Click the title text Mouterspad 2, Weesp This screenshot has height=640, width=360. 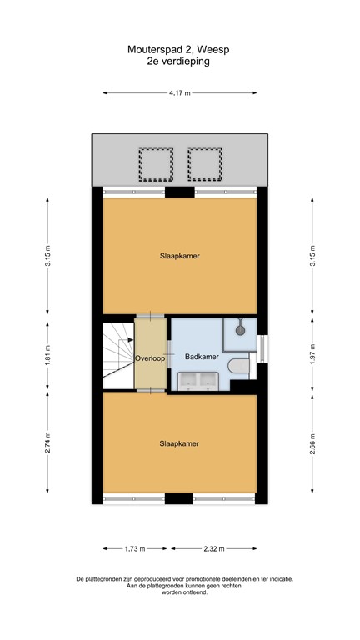tap(180, 50)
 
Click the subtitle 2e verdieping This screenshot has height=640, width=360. tap(180, 61)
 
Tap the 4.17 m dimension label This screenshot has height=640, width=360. tap(180, 93)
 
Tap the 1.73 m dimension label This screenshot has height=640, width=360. tap(134, 548)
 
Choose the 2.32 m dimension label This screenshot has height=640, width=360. tap(212, 548)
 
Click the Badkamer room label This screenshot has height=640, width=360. tap(202, 357)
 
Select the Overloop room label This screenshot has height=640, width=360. tap(151, 357)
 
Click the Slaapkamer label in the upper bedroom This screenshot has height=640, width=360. tap(179, 256)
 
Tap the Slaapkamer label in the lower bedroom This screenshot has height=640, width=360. tap(179, 444)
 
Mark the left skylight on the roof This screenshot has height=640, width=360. tap(155, 164)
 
